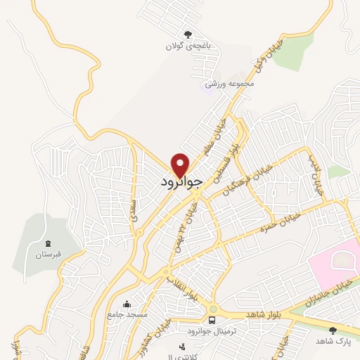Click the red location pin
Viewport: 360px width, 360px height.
[x=181, y=164]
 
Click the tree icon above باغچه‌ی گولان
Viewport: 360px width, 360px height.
[x=188, y=34]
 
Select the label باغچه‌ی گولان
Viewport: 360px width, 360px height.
[x=184, y=46]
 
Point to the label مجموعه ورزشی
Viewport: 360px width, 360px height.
[x=229, y=84]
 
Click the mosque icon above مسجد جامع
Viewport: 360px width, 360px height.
[x=127, y=304]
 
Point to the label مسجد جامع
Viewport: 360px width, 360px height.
[x=127, y=315]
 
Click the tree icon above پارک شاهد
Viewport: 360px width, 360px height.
[x=333, y=330]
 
